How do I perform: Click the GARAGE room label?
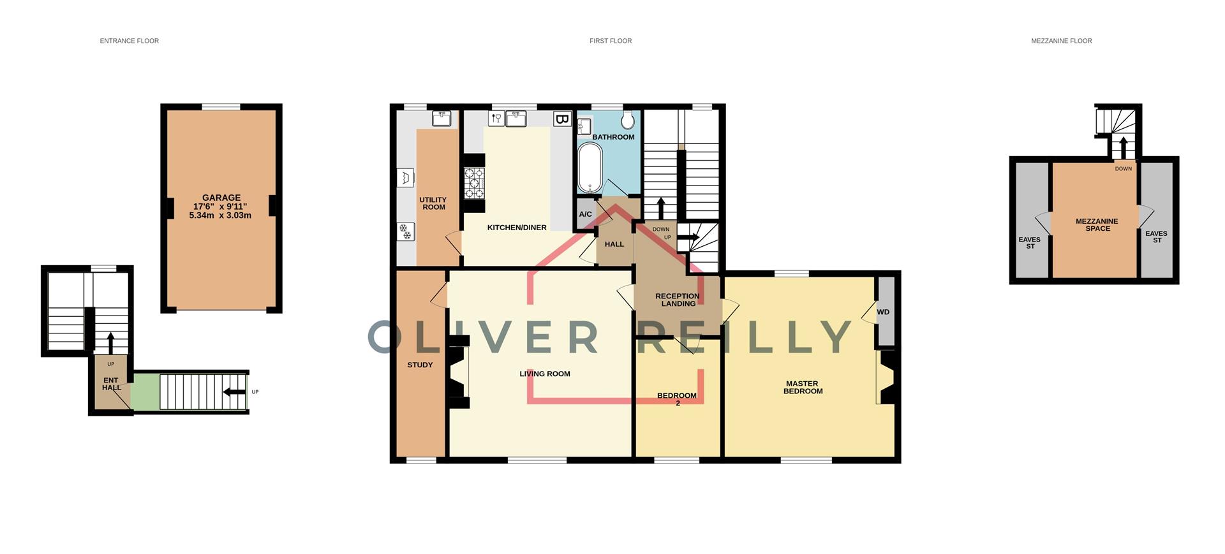click(221, 198)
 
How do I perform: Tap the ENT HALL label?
click(111, 384)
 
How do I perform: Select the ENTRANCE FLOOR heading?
click(130, 41)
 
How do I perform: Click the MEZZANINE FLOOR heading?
click(1062, 41)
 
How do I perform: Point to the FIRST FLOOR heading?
click(611, 41)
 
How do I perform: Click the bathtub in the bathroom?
click(590, 167)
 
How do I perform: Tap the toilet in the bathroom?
click(628, 119)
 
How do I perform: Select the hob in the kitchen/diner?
click(474, 182)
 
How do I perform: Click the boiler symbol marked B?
click(561, 119)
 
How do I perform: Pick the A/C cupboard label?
click(585, 214)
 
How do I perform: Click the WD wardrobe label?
click(883, 312)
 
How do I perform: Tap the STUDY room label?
click(420, 365)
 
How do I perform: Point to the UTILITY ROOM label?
click(433, 203)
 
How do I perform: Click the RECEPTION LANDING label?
click(678, 300)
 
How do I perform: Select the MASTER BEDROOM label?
click(803, 388)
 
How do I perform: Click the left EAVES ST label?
click(1030, 243)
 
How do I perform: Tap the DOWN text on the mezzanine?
click(1124, 169)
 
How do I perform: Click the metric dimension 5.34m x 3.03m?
click(220, 215)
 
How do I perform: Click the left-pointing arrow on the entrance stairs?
click(235, 392)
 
